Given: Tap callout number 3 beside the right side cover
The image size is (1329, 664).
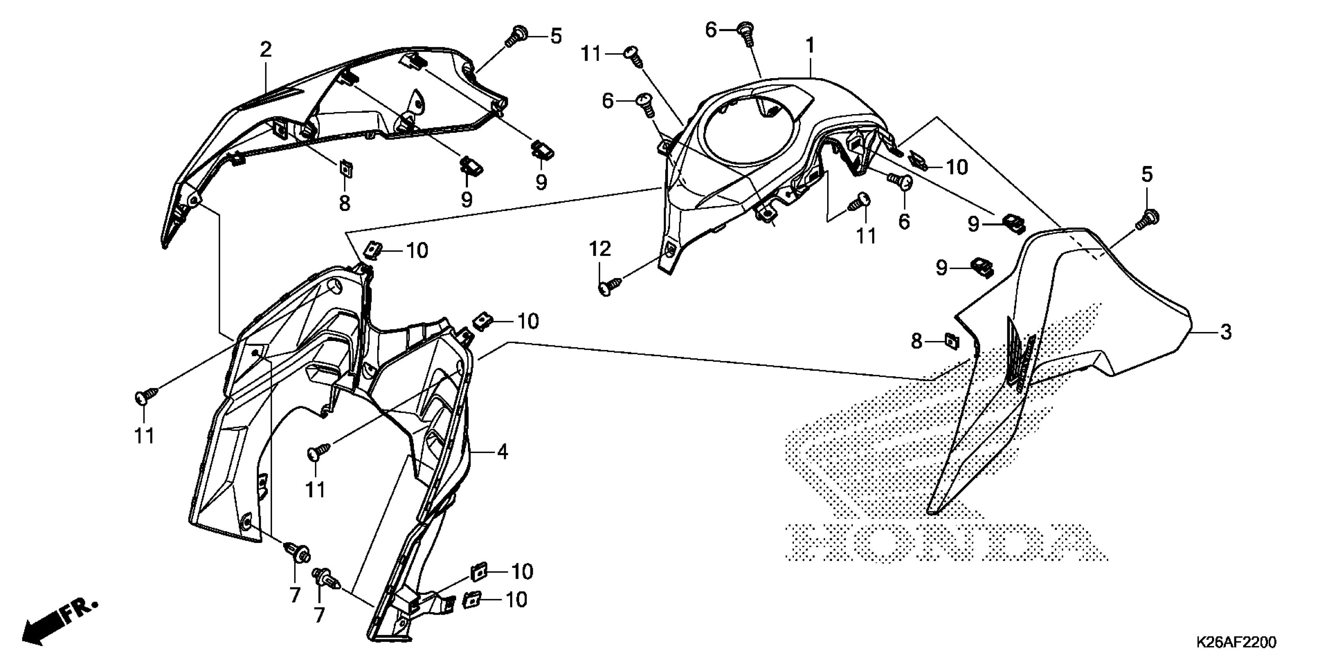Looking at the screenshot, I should [1226, 332].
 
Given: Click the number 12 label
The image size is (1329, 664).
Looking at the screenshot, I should [600, 250].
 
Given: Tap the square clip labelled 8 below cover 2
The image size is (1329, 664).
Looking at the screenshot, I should [345, 168].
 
